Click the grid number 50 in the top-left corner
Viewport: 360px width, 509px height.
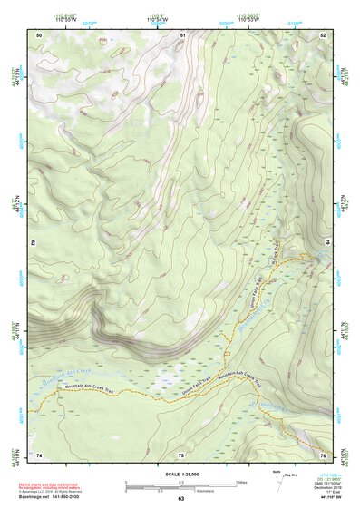(39, 34)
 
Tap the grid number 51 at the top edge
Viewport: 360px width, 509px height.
(182, 34)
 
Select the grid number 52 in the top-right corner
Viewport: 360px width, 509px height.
(324, 34)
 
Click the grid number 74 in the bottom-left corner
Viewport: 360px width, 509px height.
(39, 453)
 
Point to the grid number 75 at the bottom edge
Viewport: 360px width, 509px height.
(181, 453)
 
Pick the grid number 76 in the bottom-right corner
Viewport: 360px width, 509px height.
(323, 453)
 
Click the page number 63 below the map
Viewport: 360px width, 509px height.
(180, 499)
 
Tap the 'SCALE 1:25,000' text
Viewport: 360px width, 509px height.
(180, 475)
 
